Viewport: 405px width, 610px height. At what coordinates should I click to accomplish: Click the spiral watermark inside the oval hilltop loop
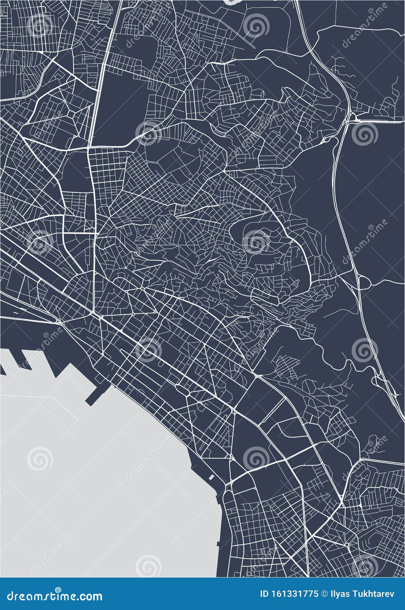(x=256, y=240)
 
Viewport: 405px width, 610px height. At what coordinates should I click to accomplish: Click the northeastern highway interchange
(x=352, y=117)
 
